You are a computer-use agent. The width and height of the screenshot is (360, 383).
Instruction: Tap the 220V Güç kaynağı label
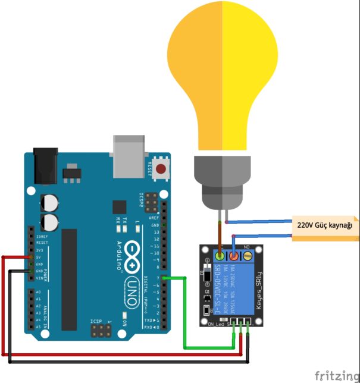coord(325,225)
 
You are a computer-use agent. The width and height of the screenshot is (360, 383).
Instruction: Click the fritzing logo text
coord(336,375)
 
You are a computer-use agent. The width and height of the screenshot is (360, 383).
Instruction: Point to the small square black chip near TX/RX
coord(120,208)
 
